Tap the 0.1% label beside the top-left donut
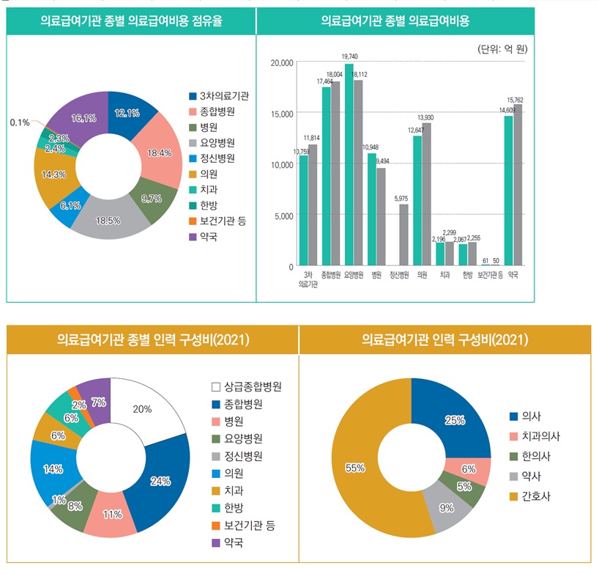(20, 122)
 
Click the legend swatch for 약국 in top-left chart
(193, 236)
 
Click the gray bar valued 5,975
(403, 235)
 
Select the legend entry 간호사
(537, 496)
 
